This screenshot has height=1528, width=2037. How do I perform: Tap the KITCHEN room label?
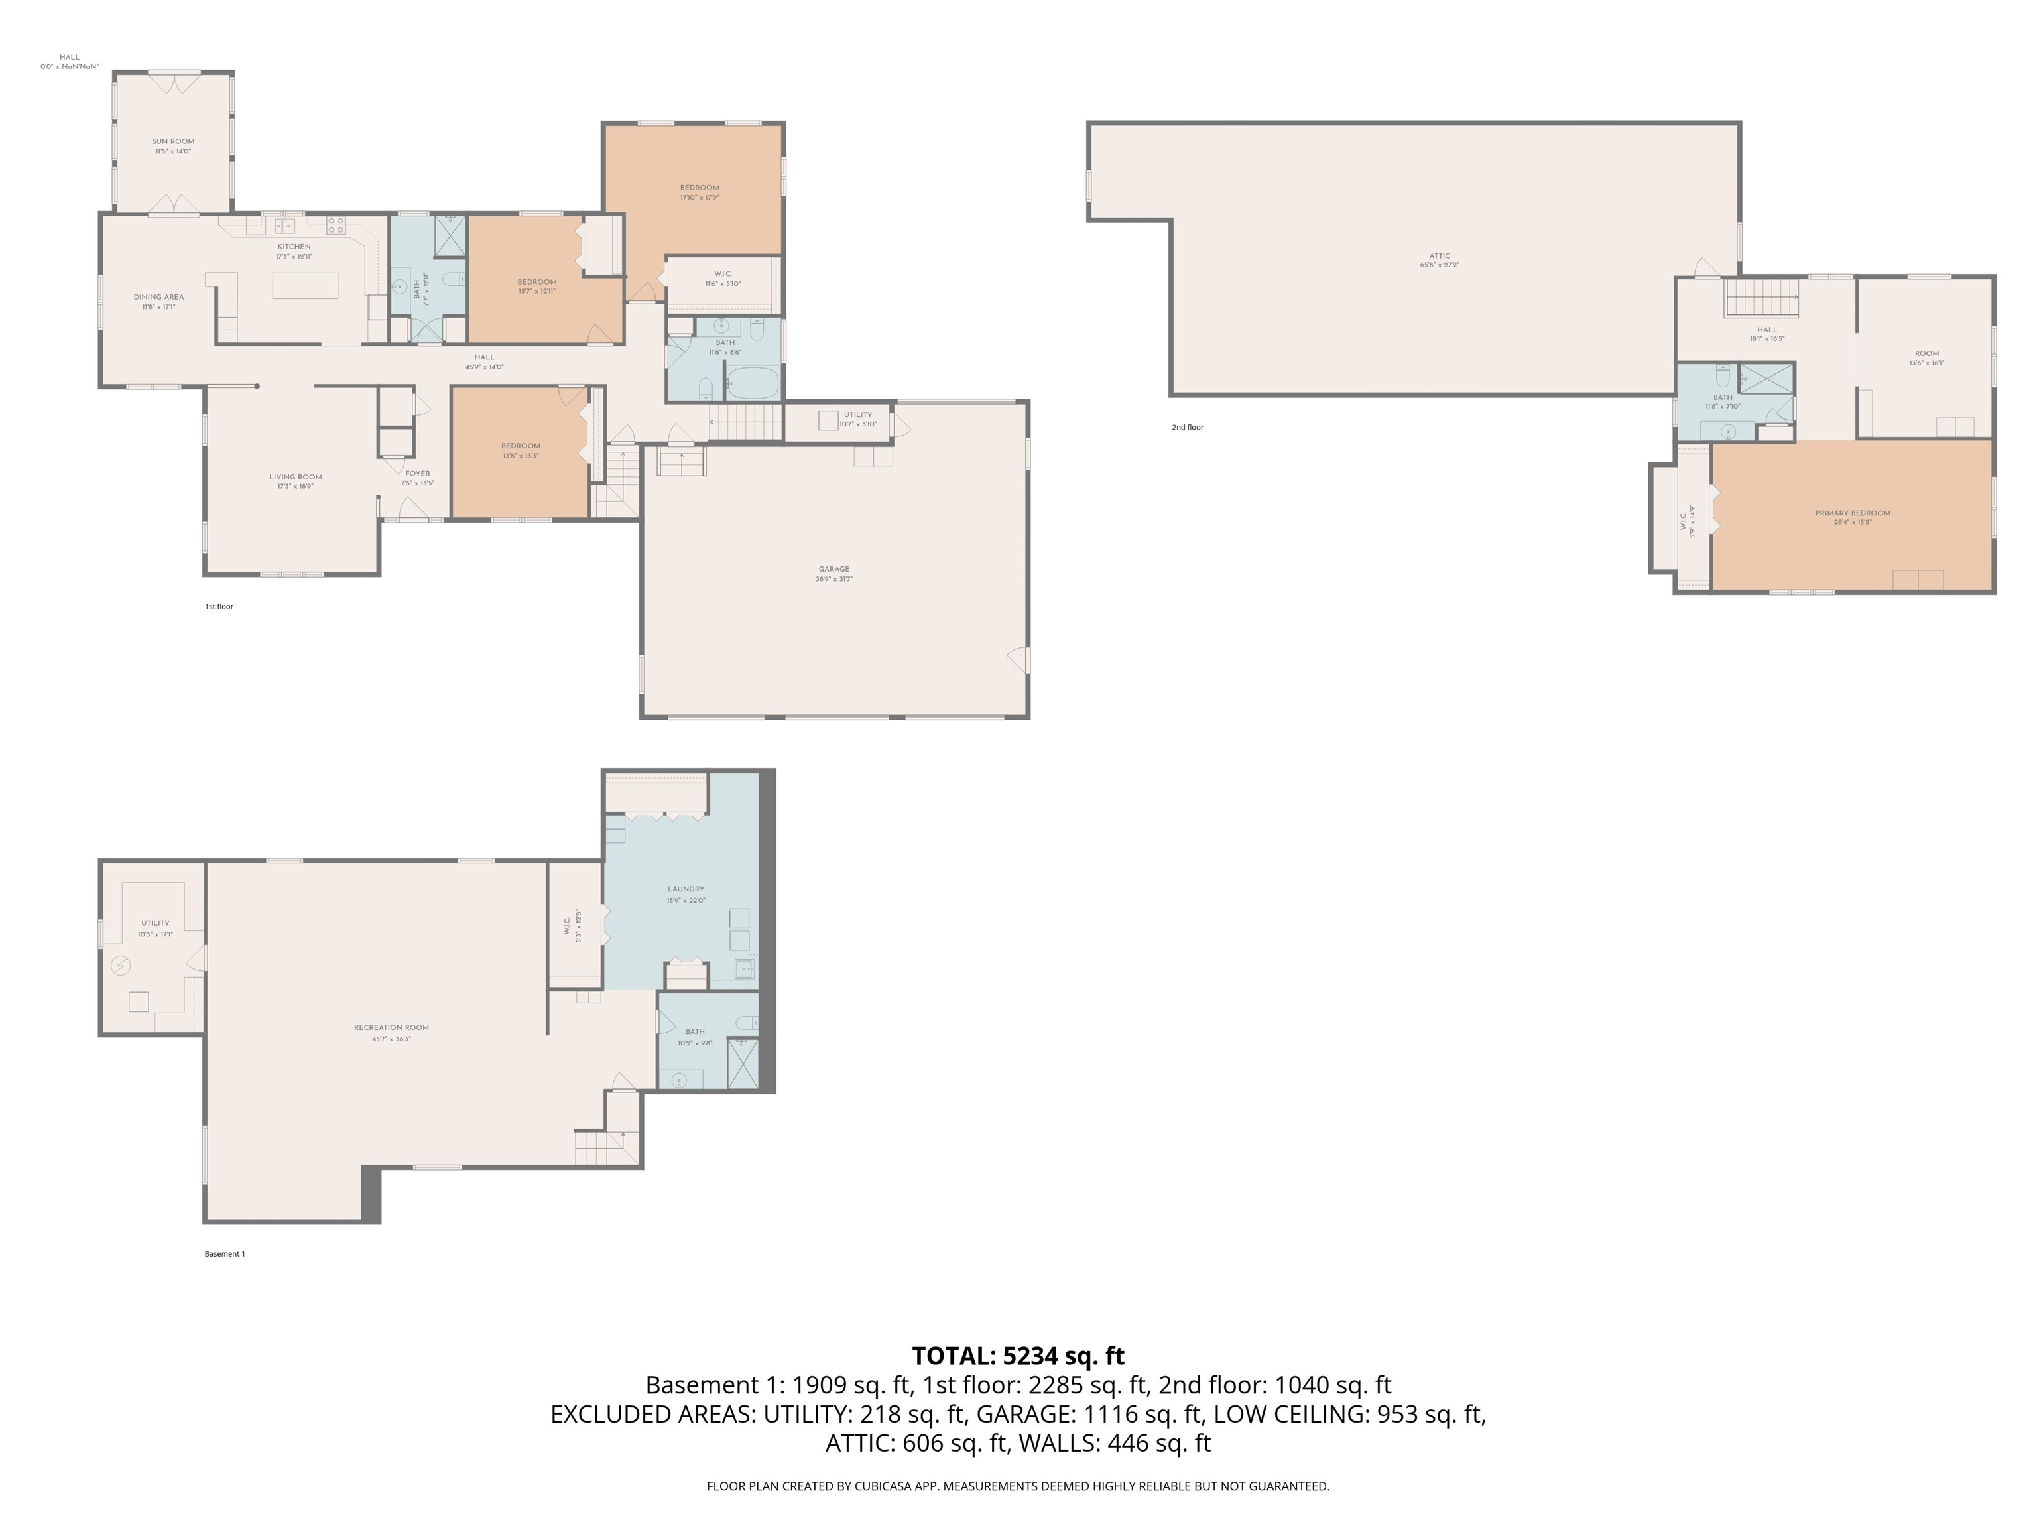pyautogui.click(x=294, y=247)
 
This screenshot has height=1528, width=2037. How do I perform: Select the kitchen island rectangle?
pyautogui.click(x=305, y=286)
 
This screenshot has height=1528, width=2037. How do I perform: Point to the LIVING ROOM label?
pyautogui.click(x=296, y=477)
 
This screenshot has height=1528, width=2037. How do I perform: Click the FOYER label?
pyautogui.click(x=417, y=474)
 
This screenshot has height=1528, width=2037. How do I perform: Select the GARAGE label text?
pyautogui.click(x=833, y=569)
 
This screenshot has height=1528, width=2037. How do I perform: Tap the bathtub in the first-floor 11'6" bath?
pyautogui.click(x=753, y=383)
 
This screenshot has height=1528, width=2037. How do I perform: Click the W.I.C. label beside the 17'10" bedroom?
pyautogui.click(x=723, y=273)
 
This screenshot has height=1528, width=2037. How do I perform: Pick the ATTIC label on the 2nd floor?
pyautogui.click(x=1440, y=256)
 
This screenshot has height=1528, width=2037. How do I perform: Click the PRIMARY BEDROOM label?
pyautogui.click(x=1852, y=513)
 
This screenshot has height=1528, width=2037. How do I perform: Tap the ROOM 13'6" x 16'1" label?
pyautogui.click(x=1926, y=353)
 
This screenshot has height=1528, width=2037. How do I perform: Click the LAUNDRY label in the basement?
pyautogui.click(x=686, y=889)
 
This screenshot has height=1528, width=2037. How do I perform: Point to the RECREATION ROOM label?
pyautogui.click(x=391, y=1027)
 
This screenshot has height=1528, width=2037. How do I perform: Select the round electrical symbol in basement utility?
pyautogui.click(x=121, y=965)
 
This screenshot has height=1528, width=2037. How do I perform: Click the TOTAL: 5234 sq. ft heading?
pyautogui.click(x=1018, y=1356)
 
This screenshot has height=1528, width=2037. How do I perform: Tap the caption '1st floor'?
pyautogui.click(x=219, y=607)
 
